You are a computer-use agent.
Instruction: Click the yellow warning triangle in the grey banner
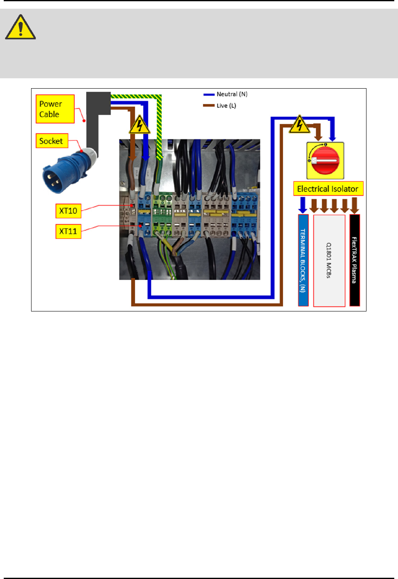[x=20, y=27]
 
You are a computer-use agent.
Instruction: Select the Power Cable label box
[x=55, y=109]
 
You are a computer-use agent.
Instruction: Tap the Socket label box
[x=51, y=141]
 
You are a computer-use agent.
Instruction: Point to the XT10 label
[x=68, y=211]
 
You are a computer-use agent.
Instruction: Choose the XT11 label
[x=68, y=231]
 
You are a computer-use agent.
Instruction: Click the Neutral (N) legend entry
[x=226, y=94]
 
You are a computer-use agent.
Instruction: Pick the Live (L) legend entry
[x=220, y=106]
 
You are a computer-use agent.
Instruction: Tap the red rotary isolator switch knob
[x=325, y=161]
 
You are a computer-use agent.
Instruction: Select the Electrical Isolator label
[x=328, y=189]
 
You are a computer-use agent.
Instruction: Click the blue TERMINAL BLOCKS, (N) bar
[x=303, y=260]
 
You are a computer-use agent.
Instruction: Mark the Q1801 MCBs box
[x=329, y=261]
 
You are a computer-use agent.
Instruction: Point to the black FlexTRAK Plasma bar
[x=354, y=260]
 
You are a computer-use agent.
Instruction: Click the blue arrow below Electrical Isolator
[x=303, y=205]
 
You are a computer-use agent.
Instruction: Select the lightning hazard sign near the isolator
[x=299, y=125]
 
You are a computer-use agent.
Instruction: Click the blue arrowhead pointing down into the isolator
[x=332, y=138]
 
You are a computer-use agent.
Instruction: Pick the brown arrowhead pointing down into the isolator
[x=318, y=136]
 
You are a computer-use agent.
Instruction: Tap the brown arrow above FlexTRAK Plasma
[x=354, y=205]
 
